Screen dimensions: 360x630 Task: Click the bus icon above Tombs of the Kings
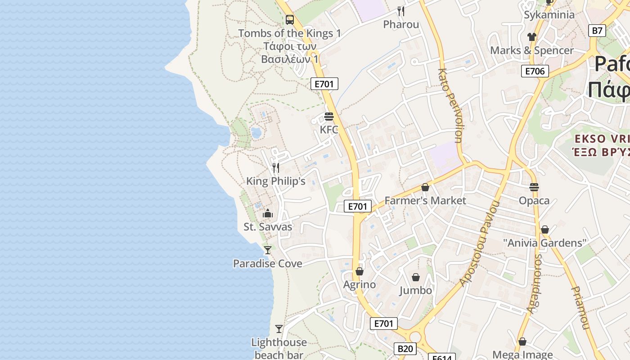(x=290, y=20)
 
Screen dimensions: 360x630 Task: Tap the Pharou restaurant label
(x=401, y=24)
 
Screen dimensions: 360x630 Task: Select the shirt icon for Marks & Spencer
(x=532, y=37)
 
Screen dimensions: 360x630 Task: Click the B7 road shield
(x=597, y=31)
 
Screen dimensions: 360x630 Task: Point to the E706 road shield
(x=535, y=71)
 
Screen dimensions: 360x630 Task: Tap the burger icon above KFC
(x=329, y=117)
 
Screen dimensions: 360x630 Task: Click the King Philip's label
(x=276, y=181)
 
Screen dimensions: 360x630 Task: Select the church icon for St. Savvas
(x=268, y=213)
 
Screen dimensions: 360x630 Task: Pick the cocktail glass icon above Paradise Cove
(x=268, y=250)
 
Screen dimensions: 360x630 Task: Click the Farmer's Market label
(x=425, y=201)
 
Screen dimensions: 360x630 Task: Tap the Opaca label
(x=534, y=201)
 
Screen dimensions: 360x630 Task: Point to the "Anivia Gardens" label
(x=545, y=243)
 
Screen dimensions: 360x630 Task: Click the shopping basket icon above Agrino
(x=359, y=271)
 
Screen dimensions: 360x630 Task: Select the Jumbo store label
(x=416, y=291)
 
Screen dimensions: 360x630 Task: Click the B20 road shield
(x=405, y=348)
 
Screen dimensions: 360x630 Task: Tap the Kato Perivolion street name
(x=450, y=106)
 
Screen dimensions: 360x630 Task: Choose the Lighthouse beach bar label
(x=279, y=348)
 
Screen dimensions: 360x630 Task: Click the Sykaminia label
(x=549, y=15)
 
